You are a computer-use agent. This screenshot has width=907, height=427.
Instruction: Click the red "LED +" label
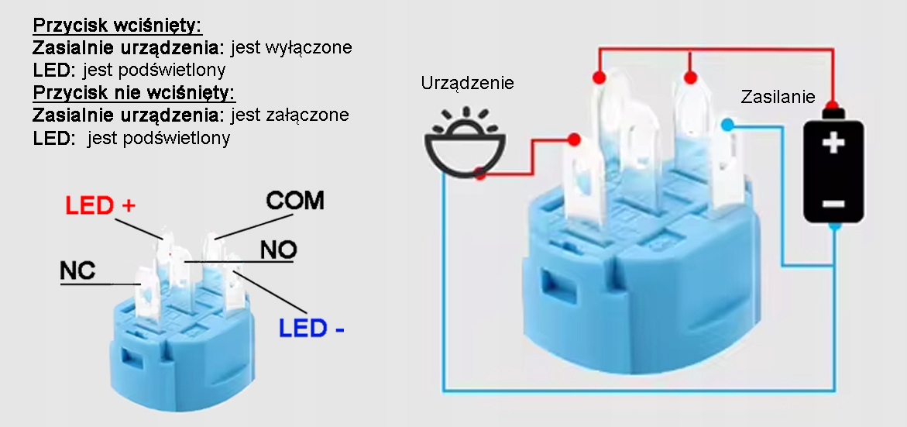click(x=101, y=205)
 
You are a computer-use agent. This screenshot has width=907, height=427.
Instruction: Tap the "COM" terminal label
click(x=295, y=201)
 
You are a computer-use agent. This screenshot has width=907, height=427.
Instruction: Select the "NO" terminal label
click(x=278, y=250)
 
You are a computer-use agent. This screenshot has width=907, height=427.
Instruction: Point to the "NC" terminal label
click(x=77, y=270)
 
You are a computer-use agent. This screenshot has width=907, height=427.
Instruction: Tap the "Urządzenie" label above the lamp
click(x=467, y=83)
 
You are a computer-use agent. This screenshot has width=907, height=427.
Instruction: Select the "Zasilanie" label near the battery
click(x=778, y=98)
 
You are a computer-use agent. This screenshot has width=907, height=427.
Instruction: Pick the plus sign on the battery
click(x=833, y=143)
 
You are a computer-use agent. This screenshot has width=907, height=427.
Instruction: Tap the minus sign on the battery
click(x=833, y=203)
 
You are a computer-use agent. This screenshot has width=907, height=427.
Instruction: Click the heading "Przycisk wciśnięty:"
click(x=117, y=26)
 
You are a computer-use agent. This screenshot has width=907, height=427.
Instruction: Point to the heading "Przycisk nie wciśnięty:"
click(x=134, y=93)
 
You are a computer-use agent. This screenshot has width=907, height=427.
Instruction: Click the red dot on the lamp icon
click(x=480, y=175)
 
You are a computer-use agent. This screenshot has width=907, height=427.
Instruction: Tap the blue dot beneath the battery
click(x=833, y=226)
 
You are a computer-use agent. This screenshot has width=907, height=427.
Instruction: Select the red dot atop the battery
click(x=832, y=105)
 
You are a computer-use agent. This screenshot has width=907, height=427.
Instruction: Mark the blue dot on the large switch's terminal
click(x=727, y=125)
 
